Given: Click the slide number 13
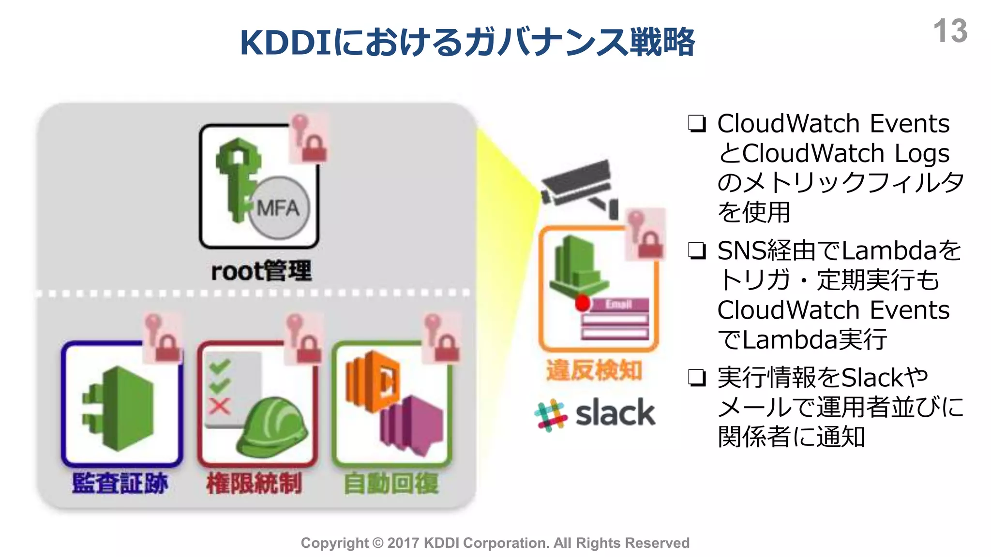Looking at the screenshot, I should (x=949, y=31).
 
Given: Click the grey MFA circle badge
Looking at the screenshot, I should (x=279, y=207).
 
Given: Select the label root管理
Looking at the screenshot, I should (x=261, y=271).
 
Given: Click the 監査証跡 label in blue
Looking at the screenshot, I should (x=120, y=483).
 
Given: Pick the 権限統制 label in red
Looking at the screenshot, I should (x=254, y=483).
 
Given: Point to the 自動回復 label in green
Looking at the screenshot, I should (x=391, y=483).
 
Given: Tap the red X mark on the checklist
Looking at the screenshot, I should (x=219, y=406).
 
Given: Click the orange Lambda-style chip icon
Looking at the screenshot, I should (x=372, y=382).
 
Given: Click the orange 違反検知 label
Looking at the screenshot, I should (x=594, y=371).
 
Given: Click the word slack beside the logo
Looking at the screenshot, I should (x=615, y=413).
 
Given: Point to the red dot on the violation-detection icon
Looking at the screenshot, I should (x=583, y=303).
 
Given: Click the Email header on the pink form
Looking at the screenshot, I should (x=618, y=304).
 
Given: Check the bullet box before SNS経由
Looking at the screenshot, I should (x=697, y=250).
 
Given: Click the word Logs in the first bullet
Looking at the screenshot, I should (x=922, y=153).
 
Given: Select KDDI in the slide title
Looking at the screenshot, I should (x=285, y=43).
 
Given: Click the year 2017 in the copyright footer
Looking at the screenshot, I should (x=404, y=543).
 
